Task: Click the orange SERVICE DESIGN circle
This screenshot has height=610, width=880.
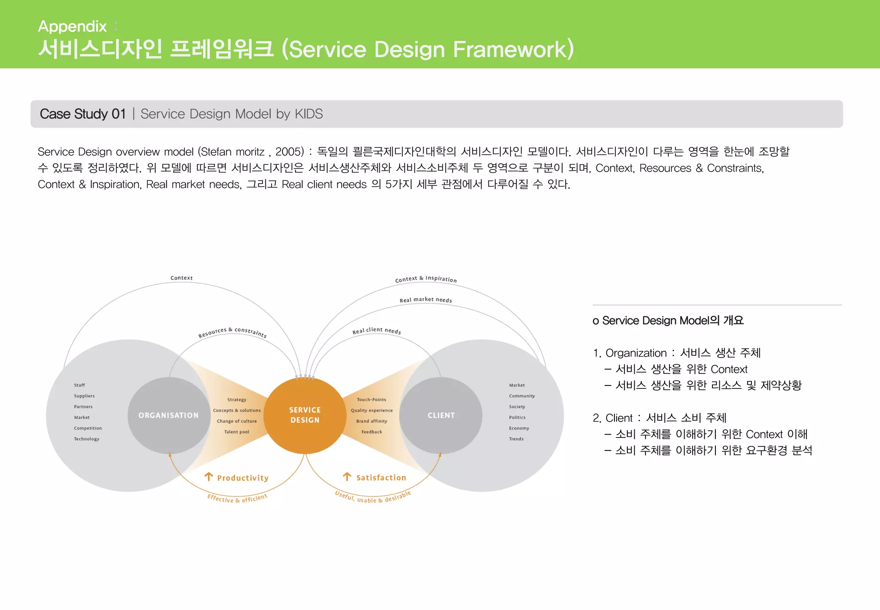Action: coord(305,415)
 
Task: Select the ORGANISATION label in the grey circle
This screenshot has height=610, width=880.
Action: coord(168,416)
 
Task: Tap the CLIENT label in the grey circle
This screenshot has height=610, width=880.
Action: coord(441,416)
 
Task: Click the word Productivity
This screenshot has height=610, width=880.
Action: coord(243,478)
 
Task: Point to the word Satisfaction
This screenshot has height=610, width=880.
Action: coord(381,478)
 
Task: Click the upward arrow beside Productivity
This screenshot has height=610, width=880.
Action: coord(209,477)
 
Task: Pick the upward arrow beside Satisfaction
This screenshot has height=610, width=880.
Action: coord(347,477)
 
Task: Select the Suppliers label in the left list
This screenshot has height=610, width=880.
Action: coord(84,396)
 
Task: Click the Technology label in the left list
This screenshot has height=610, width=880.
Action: coord(86,439)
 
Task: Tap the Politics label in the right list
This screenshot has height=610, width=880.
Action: coord(517,417)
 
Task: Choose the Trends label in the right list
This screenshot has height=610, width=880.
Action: coord(516,439)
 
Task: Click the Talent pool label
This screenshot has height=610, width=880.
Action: coord(236,432)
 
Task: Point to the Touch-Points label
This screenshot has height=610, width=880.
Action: coord(371,400)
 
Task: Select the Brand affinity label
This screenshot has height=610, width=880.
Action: coord(371,421)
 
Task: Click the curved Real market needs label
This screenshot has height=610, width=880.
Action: coord(425,300)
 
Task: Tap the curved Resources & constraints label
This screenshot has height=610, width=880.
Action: coord(232,332)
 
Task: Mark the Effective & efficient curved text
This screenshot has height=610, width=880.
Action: coord(237,499)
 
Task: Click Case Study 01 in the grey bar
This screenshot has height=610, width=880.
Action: coord(82,114)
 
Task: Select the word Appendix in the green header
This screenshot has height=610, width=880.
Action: coord(72,26)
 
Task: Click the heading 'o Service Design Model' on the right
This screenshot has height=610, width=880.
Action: coord(668,320)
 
